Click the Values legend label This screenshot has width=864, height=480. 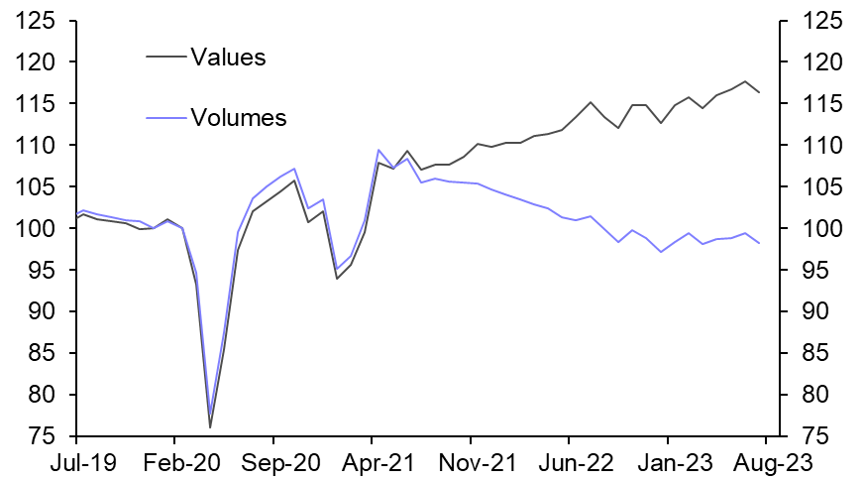point(228,58)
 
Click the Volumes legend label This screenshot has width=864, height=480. point(238,119)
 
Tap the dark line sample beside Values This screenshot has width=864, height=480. point(166,58)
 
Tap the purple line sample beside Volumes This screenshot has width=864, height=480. point(166,119)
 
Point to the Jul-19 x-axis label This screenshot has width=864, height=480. point(75,461)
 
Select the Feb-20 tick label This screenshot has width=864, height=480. point(174,461)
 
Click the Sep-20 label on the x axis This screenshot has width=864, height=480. point(272,461)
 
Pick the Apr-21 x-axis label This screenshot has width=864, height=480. point(372,461)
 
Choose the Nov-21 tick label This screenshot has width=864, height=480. point(471,461)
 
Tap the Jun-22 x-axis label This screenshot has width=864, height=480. point(569,461)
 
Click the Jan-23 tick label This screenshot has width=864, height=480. point(667,461)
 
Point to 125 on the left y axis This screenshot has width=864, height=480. point(41,21)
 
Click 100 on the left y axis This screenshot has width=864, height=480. point(41,229)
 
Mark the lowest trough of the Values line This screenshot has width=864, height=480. point(210,427)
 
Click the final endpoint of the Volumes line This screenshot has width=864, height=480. point(759,244)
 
